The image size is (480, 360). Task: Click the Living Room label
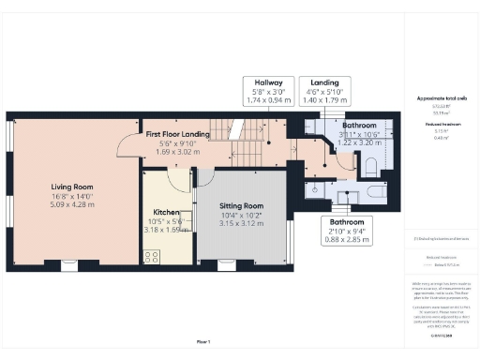pos(72,187)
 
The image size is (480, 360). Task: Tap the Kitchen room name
pos(167,213)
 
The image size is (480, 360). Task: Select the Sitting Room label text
pos(241,205)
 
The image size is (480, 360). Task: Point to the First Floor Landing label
pos(178,135)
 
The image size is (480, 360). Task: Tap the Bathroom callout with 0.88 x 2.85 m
pos(344,228)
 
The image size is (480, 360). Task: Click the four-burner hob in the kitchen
pos(150,254)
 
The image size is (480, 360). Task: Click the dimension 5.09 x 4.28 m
pos(72,203)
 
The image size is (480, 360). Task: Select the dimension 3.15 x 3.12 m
pos(241,223)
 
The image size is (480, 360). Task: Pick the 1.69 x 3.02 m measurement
pos(178,150)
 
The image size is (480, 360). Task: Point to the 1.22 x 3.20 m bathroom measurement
pos(360,142)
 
